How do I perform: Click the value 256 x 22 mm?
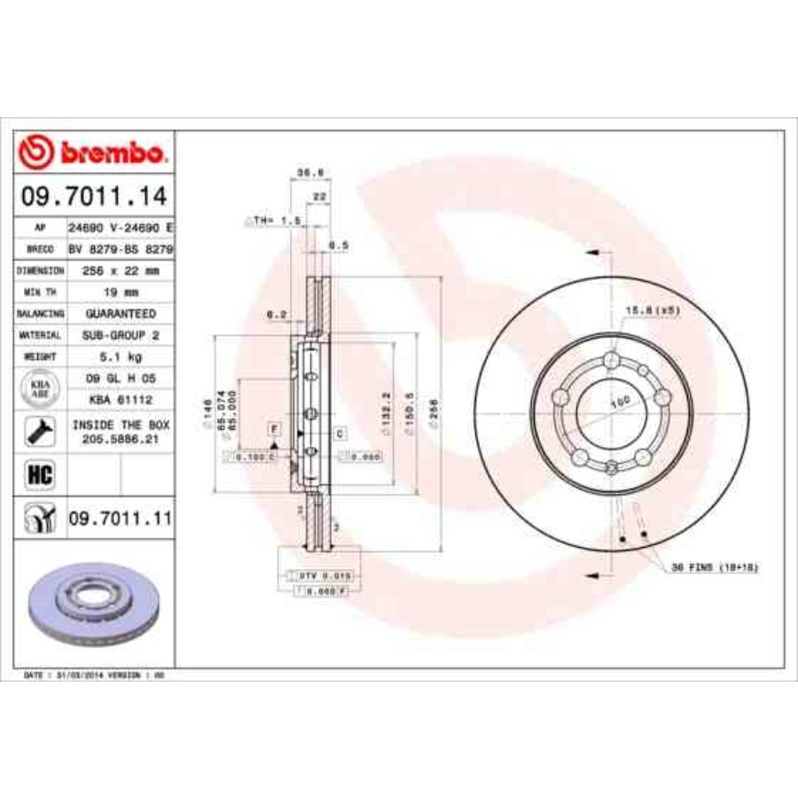[x=120, y=270]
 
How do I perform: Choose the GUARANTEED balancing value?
[x=120, y=314]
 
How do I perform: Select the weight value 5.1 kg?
[x=120, y=356]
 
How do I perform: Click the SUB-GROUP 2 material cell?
[x=120, y=335]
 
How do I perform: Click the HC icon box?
[x=41, y=475]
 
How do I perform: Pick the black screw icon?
[x=41, y=433]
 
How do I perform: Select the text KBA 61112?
[x=120, y=400]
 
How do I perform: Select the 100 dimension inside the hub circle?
[x=620, y=402]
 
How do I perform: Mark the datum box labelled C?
[x=339, y=434]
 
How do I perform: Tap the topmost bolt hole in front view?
[x=611, y=359]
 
